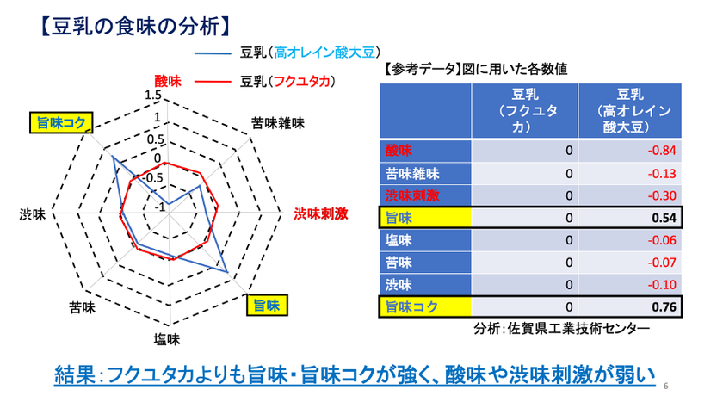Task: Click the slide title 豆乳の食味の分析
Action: coord(136,27)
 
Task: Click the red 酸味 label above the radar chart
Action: coord(168,82)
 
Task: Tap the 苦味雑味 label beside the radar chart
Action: coord(278,123)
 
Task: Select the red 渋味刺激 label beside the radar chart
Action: coord(321,213)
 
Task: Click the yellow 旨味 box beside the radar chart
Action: coord(267,306)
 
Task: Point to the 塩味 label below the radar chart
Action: coord(167,340)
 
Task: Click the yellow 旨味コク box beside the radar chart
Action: coord(61,122)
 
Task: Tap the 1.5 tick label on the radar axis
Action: coord(153,95)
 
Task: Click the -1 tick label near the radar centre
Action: coord(159,207)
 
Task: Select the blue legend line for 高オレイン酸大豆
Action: coord(213,53)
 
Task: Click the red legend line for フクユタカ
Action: coord(213,82)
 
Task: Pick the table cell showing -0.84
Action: coord(630,151)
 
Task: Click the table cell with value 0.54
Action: coord(630,218)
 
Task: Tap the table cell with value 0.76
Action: coord(630,306)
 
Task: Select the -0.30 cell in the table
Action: coord(630,195)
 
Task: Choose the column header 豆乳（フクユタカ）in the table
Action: coord(525,111)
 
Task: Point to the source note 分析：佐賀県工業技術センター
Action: coord(561,328)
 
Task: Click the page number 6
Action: coord(666,386)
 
